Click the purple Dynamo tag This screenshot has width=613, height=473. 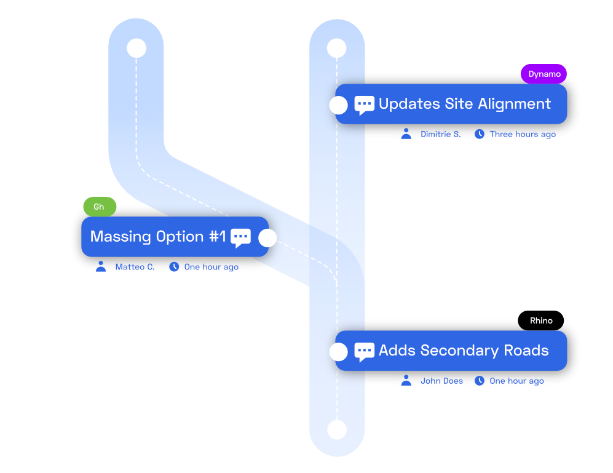point(544,74)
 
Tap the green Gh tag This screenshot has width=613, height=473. point(100,207)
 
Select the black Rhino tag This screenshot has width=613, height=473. point(540,320)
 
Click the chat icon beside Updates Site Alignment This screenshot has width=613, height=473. point(364,105)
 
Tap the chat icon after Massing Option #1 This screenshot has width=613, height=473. point(240,238)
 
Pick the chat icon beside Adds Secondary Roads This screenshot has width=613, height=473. point(364,352)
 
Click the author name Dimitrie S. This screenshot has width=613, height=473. point(441,134)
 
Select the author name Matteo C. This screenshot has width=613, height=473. point(135,267)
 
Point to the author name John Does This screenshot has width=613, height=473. point(441,381)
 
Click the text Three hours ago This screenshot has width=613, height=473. point(523,134)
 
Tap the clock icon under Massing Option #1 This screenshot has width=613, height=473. point(174,267)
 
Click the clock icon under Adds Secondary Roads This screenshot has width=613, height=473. point(480,381)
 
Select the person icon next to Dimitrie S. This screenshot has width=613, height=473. point(406,134)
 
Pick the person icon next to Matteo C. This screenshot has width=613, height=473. point(101,266)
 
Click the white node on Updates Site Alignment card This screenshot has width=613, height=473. point(339,105)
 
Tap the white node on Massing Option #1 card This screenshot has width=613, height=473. point(268,238)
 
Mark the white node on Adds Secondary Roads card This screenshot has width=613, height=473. point(339,352)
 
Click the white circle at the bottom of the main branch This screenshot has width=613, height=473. point(337,430)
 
